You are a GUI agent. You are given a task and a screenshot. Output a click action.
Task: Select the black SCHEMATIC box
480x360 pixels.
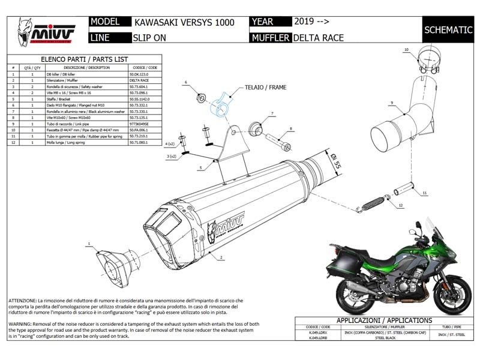click(446, 29)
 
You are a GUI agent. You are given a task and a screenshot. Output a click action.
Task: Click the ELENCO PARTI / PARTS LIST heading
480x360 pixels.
click(83, 59)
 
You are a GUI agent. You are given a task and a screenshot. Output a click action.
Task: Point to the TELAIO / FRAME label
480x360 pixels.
click(265, 87)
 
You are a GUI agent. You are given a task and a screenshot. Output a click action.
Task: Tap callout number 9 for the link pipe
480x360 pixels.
click(391, 103)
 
